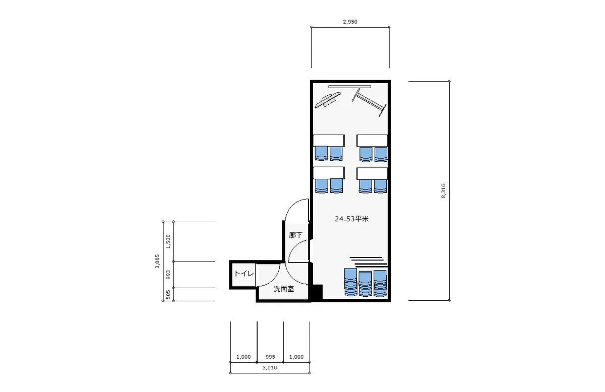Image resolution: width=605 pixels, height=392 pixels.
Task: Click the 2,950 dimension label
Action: [x=350, y=22]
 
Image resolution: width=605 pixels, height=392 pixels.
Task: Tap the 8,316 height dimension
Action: [x=443, y=191]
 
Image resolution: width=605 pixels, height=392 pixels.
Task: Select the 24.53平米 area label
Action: [x=352, y=219]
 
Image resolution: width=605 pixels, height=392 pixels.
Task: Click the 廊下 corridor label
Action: [x=295, y=235]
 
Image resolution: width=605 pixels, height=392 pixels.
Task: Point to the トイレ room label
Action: [x=244, y=274]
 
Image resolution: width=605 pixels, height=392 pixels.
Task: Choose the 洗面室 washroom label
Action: [x=283, y=289]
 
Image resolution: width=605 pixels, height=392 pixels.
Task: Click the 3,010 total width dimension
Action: [x=270, y=367]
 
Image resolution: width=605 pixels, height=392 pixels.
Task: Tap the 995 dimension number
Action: [x=270, y=357]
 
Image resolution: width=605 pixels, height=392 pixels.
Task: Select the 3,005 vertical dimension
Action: [x=157, y=261]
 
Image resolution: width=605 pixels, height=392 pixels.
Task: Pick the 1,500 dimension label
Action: [x=168, y=241]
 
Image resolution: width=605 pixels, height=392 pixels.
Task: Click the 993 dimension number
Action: [x=168, y=275]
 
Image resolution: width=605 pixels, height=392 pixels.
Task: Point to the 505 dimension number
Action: [x=168, y=295]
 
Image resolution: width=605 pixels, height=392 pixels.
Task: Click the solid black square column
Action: [x=317, y=292]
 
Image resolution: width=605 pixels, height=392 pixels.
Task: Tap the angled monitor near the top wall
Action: [x=328, y=100]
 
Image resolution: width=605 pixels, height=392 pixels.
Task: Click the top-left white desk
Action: [x=329, y=141]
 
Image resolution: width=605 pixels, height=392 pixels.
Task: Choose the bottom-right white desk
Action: [x=372, y=174]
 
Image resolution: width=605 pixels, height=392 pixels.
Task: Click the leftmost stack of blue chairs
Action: [x=350, y=282]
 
